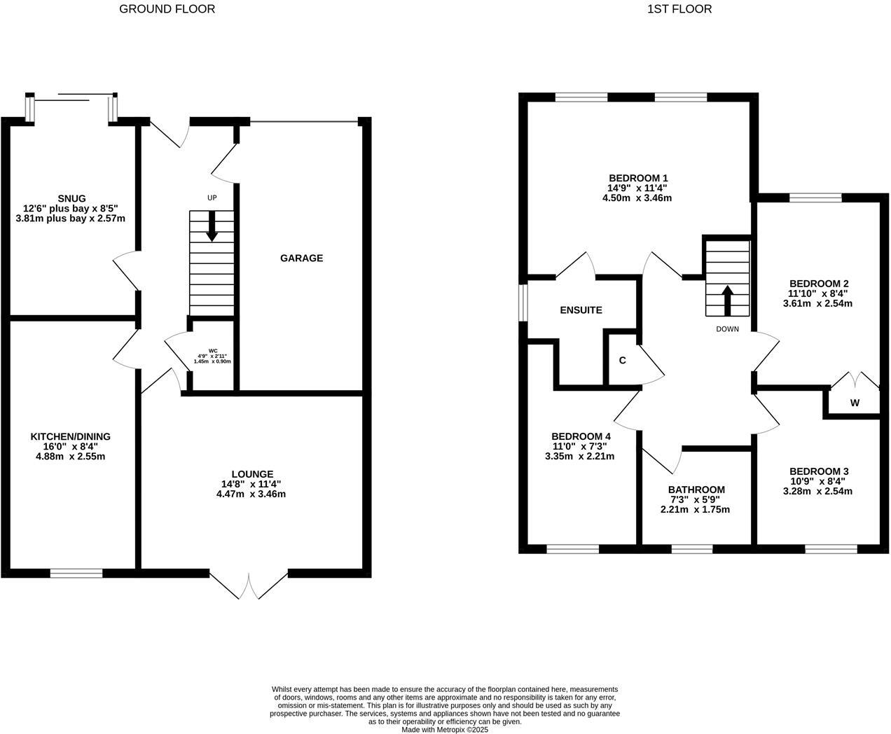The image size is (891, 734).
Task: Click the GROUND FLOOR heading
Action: [167, 9]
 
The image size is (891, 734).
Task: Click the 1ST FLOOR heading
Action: [679, 9]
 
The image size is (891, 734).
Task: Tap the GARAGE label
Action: [301, 258]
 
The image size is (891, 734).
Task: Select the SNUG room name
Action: [72, 198]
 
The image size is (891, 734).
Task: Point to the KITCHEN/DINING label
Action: [70, 436]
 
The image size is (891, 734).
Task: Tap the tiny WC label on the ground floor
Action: [213, 350]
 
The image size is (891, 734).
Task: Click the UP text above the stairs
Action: [212, 198]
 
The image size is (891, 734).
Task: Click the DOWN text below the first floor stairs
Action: [727, 328]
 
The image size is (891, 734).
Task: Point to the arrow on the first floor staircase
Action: [727, 300]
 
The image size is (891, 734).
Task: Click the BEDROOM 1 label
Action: [637, 178]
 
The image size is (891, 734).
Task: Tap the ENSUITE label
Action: [581, 310]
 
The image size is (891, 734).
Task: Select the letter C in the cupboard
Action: [622, 361]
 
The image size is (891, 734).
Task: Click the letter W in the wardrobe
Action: [855, 403]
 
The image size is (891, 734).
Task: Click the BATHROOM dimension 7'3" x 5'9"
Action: [696, 499]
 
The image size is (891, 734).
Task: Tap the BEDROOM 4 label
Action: [580, 436]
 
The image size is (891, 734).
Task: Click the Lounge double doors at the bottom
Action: [249, 586]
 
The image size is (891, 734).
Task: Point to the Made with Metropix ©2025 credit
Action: [445, 729]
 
